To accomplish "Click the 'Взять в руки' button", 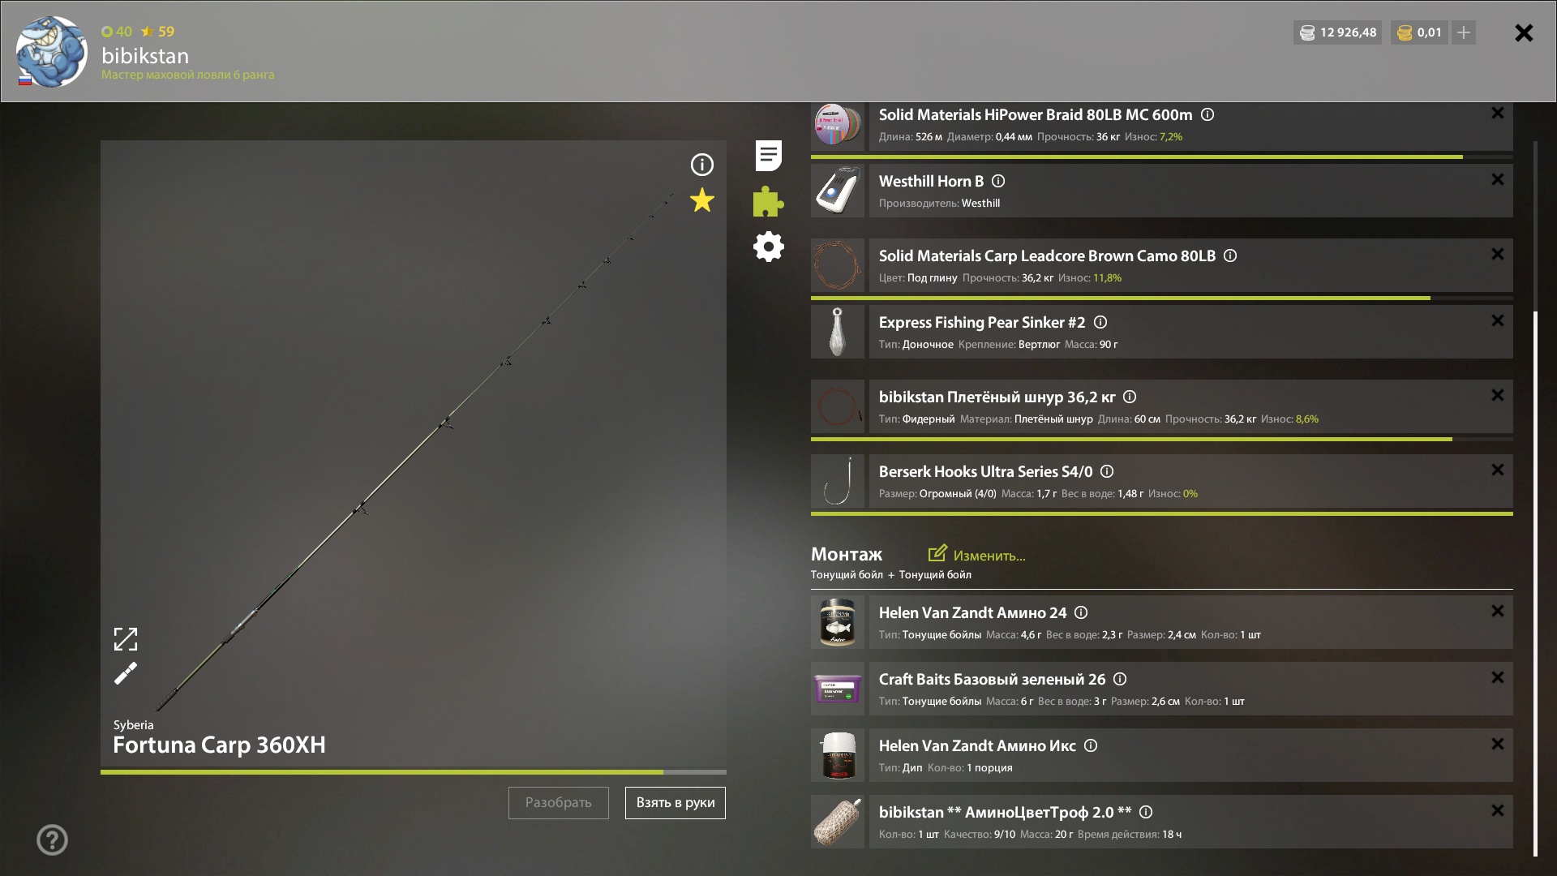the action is click(675, 803).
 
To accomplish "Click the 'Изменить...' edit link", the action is click(977, 555).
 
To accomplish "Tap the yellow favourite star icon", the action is click(702, 200).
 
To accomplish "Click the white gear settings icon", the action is click(768, 247).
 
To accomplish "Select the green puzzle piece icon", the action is click(768, 201).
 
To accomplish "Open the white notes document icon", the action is click(768, 156).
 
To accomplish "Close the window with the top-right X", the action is click(1524, 32).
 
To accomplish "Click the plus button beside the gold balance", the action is click(1464, 32).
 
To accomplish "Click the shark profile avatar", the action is click(51, 51).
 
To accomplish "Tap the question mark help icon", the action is click(52, 839).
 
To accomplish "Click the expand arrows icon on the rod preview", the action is click(126, 639).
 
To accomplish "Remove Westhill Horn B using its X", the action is click(1498, 179).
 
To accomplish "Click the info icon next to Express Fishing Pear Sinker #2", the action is click(1100, 322).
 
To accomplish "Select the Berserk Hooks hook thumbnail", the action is click(838, 481).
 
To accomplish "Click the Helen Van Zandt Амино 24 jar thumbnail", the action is click(838, 622).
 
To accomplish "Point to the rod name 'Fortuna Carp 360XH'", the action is click(219, 745).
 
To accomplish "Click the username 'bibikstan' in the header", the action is click(145, 55).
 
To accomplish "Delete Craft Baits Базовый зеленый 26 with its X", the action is click(1498, 677).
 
